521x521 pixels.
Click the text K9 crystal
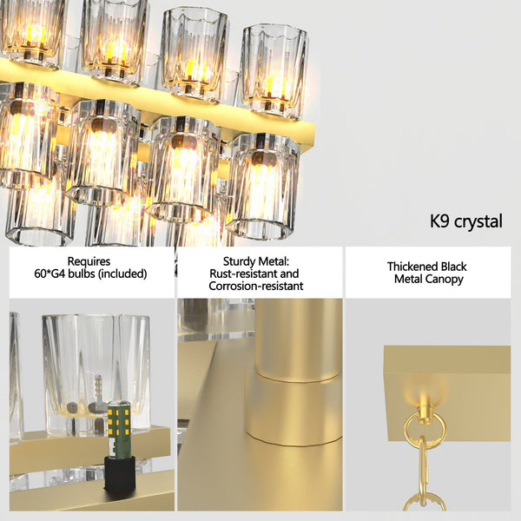465,221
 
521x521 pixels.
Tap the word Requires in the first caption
89,260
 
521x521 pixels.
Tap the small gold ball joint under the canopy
425,403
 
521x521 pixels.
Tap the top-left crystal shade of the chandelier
32,30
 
